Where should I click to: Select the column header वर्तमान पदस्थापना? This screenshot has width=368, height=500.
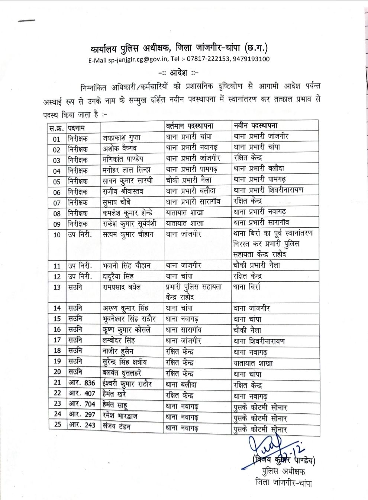pos(189,126)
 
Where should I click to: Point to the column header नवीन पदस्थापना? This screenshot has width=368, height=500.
pos(256,126)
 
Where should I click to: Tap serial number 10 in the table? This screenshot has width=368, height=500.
pos(57,235)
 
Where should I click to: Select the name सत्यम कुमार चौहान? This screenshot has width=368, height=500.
pos(128,234)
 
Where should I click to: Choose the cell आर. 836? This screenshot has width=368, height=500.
pos(82,383)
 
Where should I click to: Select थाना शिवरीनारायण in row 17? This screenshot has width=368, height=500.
pos(259,341)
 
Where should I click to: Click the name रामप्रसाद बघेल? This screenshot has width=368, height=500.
pos(122,287)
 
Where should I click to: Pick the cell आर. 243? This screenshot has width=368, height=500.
pos(82,425)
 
